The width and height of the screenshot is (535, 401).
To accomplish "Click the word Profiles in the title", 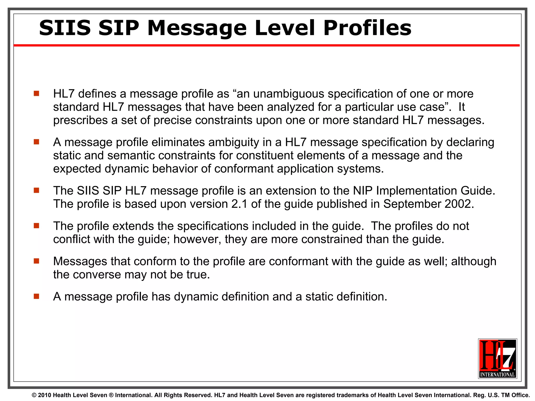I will click(367, 28).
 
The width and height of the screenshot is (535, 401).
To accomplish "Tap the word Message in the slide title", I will click(197, 28).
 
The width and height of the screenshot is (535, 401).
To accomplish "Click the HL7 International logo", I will click(497, 358).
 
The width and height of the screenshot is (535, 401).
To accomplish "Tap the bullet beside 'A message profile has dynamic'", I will click(36, 296).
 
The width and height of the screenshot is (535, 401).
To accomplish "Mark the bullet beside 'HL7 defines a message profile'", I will click(36, 93).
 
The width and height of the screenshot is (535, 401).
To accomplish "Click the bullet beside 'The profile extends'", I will click(36, 226).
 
